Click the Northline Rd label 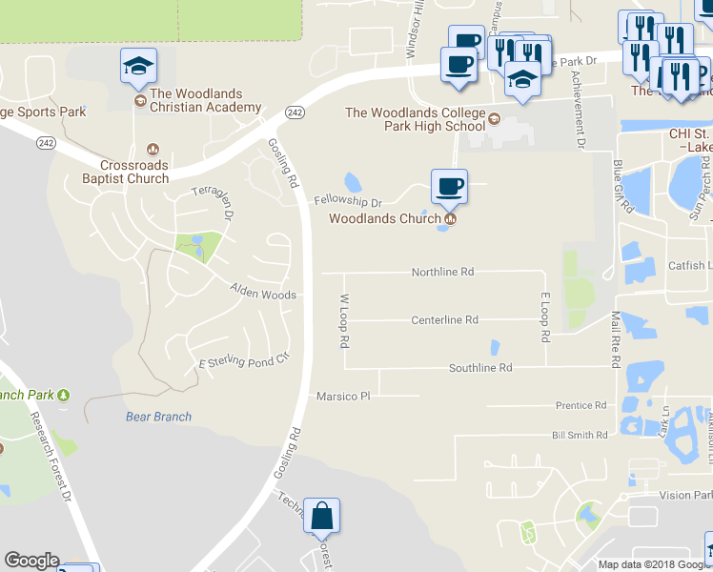pos(442,272)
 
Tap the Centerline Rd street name pos(444,320)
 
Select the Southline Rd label pos(480,367)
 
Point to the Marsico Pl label pos(342,396)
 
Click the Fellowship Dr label pos(347,202)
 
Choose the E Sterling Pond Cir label pos(242,363)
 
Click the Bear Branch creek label pos(158,417)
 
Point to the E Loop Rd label pos(545,318)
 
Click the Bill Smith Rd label pos(580,435)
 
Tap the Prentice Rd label pos(581,405)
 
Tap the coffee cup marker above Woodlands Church pos(449,185)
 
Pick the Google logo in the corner pos(31,561)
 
